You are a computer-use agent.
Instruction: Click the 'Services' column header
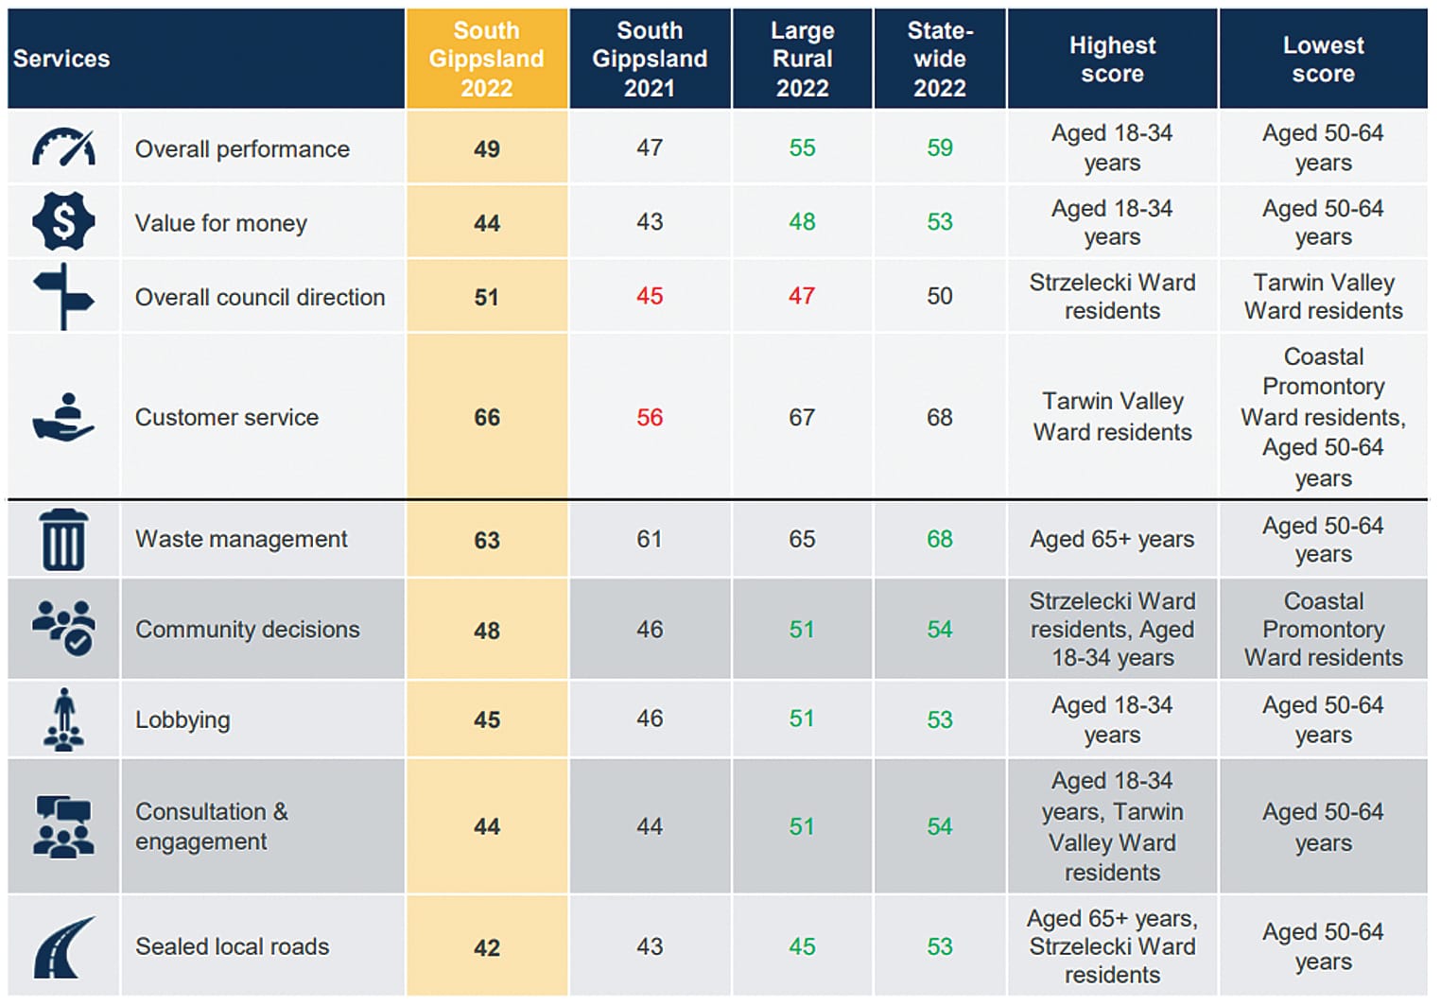pos(62,59)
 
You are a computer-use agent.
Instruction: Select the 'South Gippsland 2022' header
pos(486,59)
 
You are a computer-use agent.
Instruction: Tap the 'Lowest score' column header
pos(1323,59)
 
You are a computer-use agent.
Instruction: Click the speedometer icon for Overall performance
pos(63,147)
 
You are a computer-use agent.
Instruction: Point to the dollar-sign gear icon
pos(63,221)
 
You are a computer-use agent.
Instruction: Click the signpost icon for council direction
pos(63,296)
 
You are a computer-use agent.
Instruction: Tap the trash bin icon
pos(63,539)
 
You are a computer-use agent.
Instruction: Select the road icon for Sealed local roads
pos(63,947)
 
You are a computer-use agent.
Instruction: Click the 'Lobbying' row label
pos(182,719)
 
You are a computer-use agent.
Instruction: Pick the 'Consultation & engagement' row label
pos(212,826)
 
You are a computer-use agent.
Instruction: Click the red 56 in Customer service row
pos(650,417)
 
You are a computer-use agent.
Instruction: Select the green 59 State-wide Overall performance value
pos(939,147)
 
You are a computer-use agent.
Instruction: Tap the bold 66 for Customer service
pos(487,417)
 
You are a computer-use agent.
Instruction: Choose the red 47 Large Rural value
pos(802,296)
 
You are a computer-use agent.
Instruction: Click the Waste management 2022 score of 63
pos(487,540)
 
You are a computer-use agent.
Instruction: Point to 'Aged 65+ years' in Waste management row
pos(1112,539)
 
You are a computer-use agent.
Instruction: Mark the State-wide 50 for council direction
pos(939,296)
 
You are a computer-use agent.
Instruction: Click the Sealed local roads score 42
pos(487,947)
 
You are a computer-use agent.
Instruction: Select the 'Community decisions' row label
pos(248,629)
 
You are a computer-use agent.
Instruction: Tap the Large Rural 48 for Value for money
pos(802,221)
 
